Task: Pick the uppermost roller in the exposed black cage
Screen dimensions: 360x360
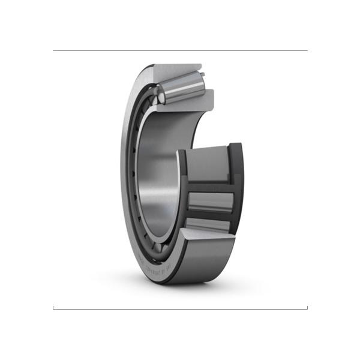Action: [x=208, y=162]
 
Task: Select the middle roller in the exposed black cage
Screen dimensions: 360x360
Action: [x=211, y=202]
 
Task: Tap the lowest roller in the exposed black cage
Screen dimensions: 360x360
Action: [x=208, y=226]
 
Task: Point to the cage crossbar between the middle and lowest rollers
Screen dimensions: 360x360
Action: [x=210, y=215]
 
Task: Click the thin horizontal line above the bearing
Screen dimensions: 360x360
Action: [x=180, y=51]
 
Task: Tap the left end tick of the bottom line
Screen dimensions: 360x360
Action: [x=53, y=308]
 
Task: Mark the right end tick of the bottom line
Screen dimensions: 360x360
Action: [x=307, y=308]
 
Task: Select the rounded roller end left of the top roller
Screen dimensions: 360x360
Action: [x=158, y=94]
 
